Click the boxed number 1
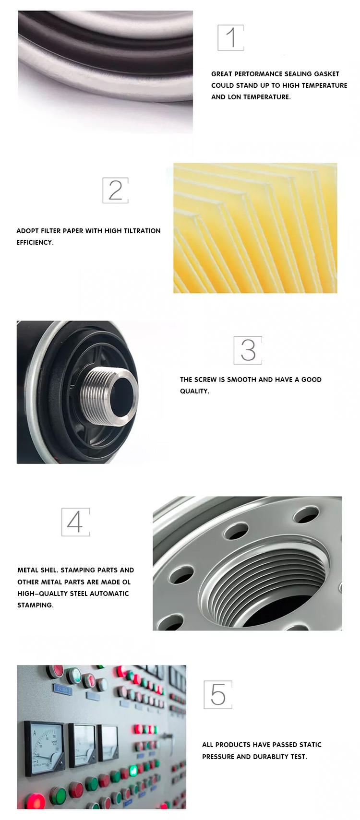coord(231,38)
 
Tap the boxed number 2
coord(115,190)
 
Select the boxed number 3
coord(248,350)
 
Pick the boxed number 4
coord(75,522)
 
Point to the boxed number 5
coord(218,694)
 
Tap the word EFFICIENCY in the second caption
coord(35,242)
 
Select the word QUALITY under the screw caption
coord(194,391)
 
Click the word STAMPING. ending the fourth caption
coord(36,605)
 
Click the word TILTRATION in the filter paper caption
coord(142,231)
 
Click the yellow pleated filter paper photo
coord(255,228)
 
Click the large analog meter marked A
coord(44,746)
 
